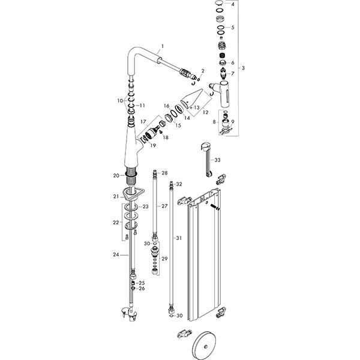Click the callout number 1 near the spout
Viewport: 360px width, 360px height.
pos(161,46)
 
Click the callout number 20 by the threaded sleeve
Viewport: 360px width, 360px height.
pos(117,175)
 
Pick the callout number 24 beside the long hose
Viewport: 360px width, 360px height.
pos(116,254)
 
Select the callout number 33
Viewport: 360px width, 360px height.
pos(218,160)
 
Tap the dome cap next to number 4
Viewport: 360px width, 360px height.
pos(220,5)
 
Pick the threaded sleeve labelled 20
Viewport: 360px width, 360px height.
pos(131,176)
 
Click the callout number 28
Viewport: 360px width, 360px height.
pos(164,173)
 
